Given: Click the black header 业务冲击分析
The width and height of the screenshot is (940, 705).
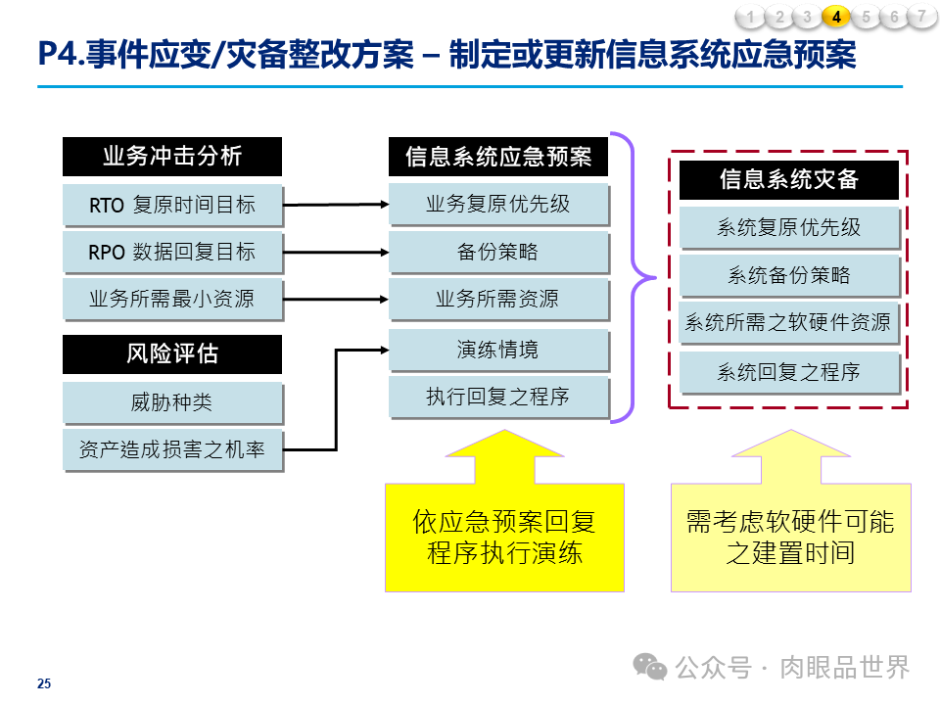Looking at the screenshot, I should pyautogui.click(x=172, y=157).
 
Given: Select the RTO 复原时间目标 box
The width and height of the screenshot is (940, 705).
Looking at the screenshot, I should pyautogui.click(x=172, y=205).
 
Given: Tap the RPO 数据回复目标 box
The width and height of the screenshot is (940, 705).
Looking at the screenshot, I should pyautogui.click(x=172, y=252).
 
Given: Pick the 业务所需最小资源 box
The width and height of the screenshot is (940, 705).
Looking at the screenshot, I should pyautogui.click(x=172, y=299).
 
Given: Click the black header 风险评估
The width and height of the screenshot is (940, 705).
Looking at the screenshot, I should pyautogui.click(x=172, y=354).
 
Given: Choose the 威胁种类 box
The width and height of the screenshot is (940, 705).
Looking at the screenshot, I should pyautogui.click(x=172, y=402).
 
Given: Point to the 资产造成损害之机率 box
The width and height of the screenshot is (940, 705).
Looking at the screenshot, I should pyautogui.click(x=172, y=449).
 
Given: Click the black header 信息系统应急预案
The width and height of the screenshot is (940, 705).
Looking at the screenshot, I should pyautogui.click(x=498, y=157).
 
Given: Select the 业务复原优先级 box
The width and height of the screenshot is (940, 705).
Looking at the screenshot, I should pyautogui.click(x=498, y=204).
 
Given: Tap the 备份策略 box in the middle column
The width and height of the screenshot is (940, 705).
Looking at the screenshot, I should pyautogui.click(x=498, y=252).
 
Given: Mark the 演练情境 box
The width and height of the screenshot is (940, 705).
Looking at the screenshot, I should pyautogui.click(x=498, y=350).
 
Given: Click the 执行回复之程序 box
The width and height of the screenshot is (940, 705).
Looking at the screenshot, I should pyautogui.click(x=498, y=397).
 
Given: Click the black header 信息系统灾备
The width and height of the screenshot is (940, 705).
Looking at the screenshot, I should pyautogui.click(x=788, y=180).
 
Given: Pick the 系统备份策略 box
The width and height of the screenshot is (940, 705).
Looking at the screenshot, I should pyautogui.click(x=788, y=275).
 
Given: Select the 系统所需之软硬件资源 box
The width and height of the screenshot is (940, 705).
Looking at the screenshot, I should pyautogui.click(x=788, y=322).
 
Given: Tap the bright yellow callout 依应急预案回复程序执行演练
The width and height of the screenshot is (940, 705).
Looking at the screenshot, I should pyautogui.click(x=504, y=537).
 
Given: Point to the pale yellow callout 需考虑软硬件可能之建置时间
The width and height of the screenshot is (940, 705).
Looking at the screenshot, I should pyautogui.click(x=790, y=537).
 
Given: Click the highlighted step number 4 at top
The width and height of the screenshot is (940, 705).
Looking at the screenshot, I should pyautogui.click(x=836, y=17).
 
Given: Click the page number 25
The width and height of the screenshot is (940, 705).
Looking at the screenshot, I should pyautogui.click(x=44, y=683).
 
